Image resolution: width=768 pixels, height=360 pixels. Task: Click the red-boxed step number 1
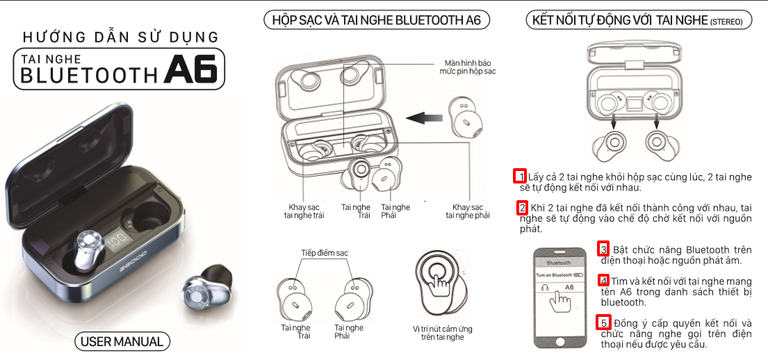point(520,177)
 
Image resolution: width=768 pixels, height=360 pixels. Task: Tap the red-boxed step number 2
point(523,208)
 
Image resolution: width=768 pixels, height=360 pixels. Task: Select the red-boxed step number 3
point(603,249)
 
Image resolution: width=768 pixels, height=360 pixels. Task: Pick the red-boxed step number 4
point(604,281)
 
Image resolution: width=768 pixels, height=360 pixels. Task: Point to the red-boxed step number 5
point(603,322)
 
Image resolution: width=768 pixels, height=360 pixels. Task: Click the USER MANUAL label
point(122,341)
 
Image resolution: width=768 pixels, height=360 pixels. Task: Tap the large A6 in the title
point(190,70)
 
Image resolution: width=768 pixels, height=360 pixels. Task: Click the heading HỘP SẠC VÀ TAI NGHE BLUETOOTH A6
point(377,20)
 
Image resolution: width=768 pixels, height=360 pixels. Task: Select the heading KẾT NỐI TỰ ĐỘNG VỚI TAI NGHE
point(638,21)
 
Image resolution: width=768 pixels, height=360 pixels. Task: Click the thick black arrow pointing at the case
point(424,117)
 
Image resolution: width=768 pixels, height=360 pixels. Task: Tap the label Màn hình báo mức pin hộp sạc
point(467,67)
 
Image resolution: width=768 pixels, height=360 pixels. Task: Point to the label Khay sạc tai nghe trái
point(304,211)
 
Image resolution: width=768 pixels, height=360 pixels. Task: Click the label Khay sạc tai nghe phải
point(467,211)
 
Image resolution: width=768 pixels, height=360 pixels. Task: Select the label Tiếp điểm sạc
point(325,253)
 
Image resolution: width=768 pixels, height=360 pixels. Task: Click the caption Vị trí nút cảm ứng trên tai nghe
point(442,333)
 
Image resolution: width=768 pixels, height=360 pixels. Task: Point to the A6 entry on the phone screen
point(569,288)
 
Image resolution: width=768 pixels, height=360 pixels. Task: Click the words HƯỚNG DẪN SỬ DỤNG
point(120,37)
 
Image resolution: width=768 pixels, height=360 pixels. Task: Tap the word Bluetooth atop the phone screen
point(559,263)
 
